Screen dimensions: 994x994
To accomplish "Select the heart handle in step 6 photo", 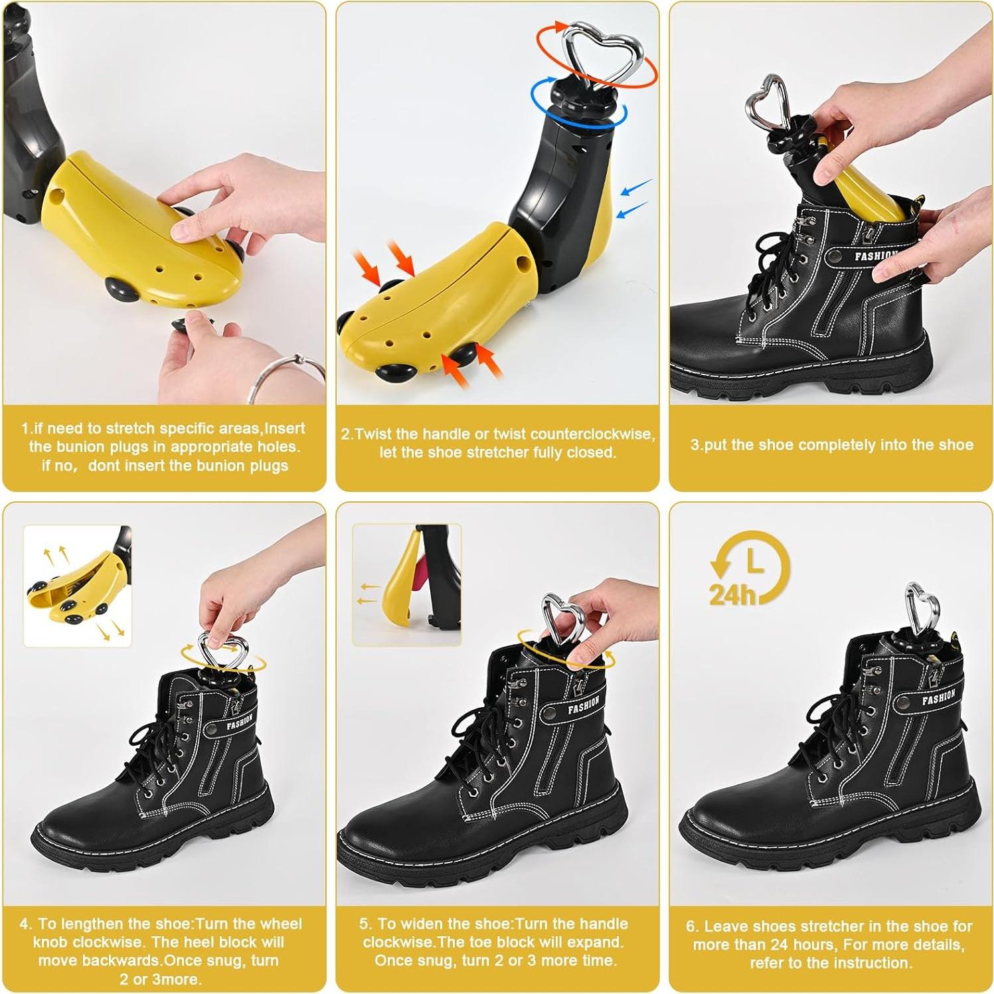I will tap(922, 607).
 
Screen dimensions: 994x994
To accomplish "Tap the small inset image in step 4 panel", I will tap(78, 586).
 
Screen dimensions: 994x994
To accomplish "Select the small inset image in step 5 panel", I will tap(406, 584).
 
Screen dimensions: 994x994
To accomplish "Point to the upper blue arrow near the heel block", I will tap(635, 187).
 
